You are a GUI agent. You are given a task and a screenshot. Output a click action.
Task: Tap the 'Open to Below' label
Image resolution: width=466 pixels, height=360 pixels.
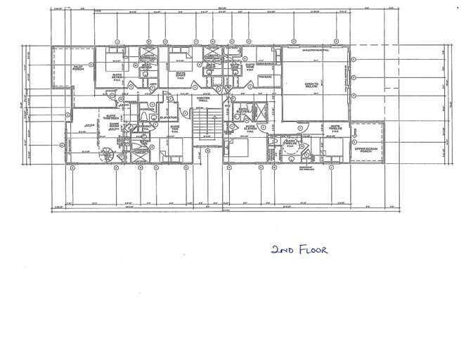(x=312, y=84)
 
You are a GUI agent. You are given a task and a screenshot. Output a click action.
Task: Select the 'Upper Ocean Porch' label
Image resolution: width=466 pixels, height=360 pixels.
(x=366, y=150)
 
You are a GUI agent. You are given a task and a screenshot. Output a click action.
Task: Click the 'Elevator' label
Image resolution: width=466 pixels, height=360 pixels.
(x=168, y=117)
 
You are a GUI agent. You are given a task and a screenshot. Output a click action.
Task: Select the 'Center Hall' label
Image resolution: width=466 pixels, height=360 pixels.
(x=203, y=99)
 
